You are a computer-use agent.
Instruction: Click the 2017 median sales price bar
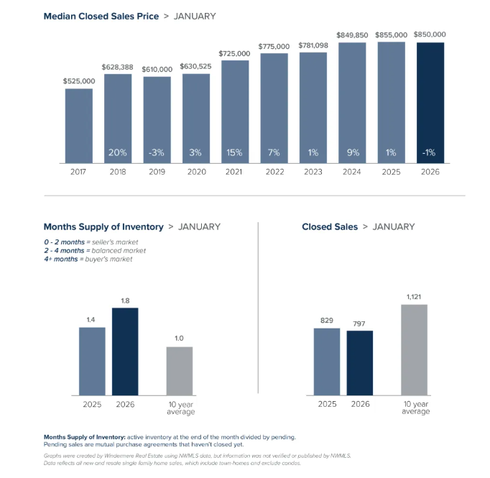tap(79, 126)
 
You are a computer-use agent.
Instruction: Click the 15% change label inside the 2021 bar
tap(235, 152)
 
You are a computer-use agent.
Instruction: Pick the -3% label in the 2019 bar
tap(157, 152)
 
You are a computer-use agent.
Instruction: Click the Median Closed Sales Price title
tap(101, 15)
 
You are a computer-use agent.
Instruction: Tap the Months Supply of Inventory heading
tap(103, 227)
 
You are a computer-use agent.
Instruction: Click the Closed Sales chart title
tap(330, 227)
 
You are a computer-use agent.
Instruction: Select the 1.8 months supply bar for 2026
tap(125, 351)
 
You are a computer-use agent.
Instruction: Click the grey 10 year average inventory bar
tap(180, 371)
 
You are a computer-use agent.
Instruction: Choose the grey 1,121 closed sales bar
tap(415, 349)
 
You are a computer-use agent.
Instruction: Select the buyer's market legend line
tap(88, 259)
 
